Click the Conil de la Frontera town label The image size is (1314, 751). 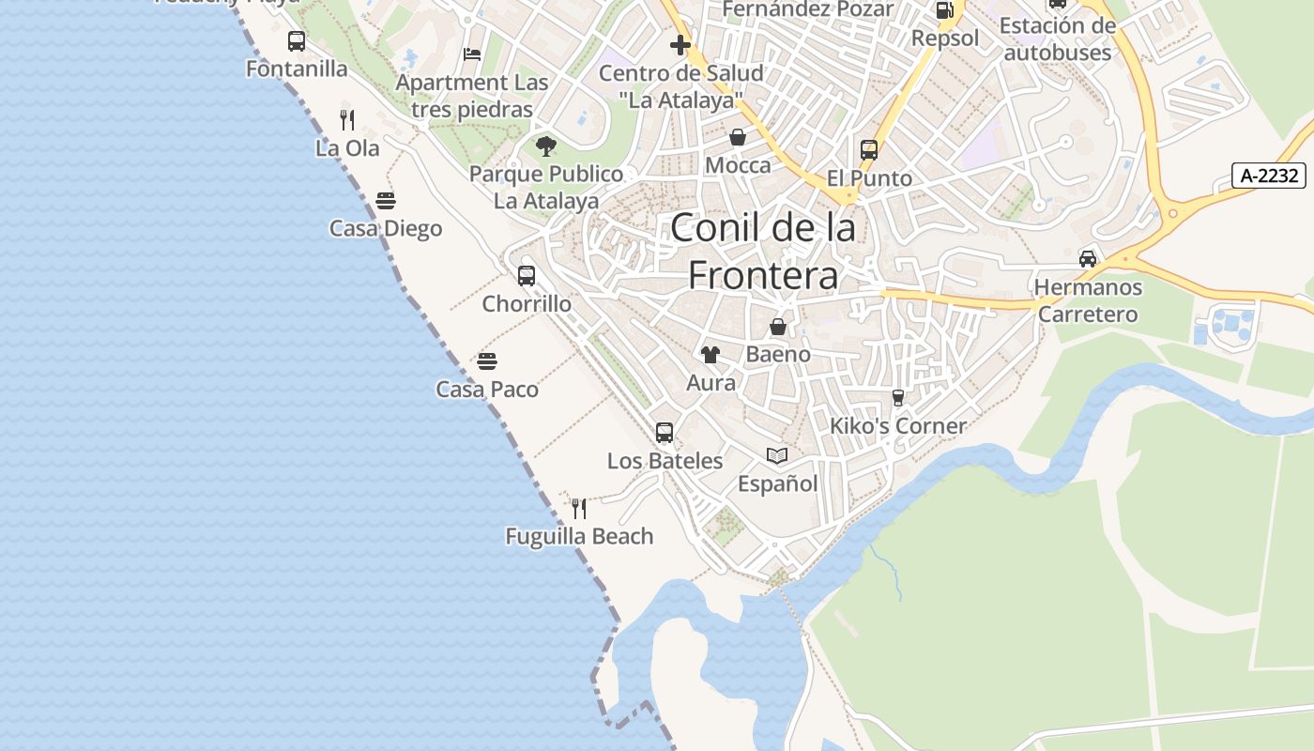[x=762, y=252]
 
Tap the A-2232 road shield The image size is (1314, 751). [x=1268, y=176]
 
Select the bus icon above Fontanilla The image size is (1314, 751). [x=297, y=41]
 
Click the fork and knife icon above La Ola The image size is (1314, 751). [x=347, y=120]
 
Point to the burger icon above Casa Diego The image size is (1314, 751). [x=386, y=201]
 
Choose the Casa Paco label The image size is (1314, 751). [x=487, y=390]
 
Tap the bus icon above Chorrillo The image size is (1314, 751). [x=527, y=276]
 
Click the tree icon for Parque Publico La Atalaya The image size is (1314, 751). [x=545, y=146]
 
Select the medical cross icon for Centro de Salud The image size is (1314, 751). [x=680, y=45]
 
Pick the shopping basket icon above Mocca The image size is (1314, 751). [x=738, y=138]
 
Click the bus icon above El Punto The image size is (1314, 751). [x=869, y=150]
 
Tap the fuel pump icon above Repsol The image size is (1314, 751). [x=945, y=10]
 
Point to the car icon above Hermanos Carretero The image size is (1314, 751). [x=1088, y=259]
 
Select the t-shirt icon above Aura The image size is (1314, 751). [x=710, y=355]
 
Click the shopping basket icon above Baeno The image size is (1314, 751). [x=778, y=327]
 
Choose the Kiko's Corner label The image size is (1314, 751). [x=898, y=426]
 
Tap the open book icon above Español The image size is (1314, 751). [x=777, y=455]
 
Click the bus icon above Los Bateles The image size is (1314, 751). [x=665, y=433]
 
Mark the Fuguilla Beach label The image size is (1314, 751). [x=579, y=537]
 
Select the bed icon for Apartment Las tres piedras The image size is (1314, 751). [x=472, y=54]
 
